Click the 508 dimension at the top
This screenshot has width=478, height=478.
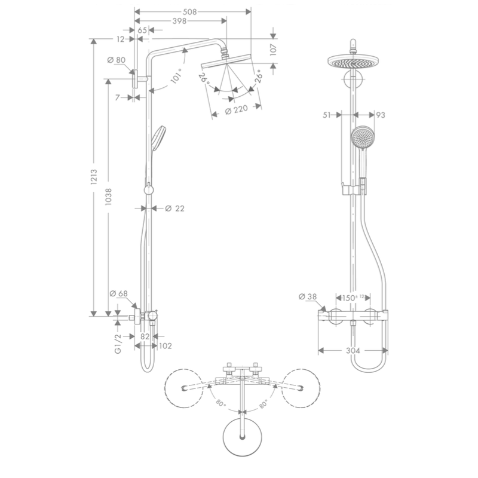click(189, 12)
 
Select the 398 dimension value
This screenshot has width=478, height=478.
click(179, 21)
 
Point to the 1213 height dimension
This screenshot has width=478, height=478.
click(94, 177)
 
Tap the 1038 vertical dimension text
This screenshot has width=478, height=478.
click(109, 197)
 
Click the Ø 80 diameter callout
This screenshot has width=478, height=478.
click(117, 60)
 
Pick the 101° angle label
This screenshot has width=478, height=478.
click(177, 76)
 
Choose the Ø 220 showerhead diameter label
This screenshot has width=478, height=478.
click(236, 110)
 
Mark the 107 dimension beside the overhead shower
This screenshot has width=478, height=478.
click(273, 50)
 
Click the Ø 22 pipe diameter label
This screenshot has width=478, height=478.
click(174, 209)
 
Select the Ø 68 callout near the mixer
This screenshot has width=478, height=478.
click(118, 293)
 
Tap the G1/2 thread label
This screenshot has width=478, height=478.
click(118, 344)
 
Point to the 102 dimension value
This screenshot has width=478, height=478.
click(166, 346)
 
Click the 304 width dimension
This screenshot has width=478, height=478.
click(353, 351)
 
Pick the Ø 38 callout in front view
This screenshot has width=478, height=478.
click(308, 296)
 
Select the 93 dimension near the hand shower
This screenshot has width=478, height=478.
click(381, 115)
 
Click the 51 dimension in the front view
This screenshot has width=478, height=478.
click(326, 115)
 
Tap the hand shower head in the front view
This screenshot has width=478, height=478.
click(363, 137)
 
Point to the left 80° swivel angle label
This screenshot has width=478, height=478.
click(220, 403)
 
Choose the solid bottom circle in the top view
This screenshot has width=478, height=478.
click(243, 437)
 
